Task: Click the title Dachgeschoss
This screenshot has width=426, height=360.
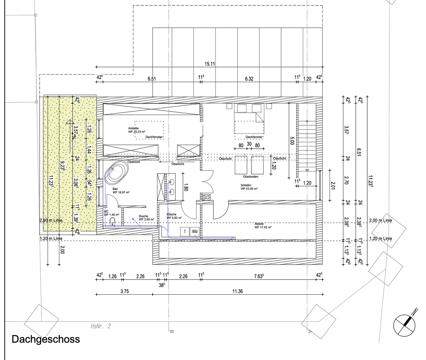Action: tap(46, 339)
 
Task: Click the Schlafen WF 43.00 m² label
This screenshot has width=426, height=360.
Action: tap(249, 187)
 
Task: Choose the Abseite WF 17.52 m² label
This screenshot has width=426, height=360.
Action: tap(263, 226)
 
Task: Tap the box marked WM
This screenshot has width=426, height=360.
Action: tap(194, 232)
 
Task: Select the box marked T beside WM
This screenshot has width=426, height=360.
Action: tap(184, 232)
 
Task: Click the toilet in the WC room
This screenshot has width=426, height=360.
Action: tap(112, 222)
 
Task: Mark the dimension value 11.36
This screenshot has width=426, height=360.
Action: tap(238, 291)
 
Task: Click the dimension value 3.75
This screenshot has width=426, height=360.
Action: tap(124, 291)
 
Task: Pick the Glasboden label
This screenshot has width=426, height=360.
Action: tap(251, 177)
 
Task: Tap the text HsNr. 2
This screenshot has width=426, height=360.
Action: tap(100, 326)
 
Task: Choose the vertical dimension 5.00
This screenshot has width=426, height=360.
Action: tap(292, 141)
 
